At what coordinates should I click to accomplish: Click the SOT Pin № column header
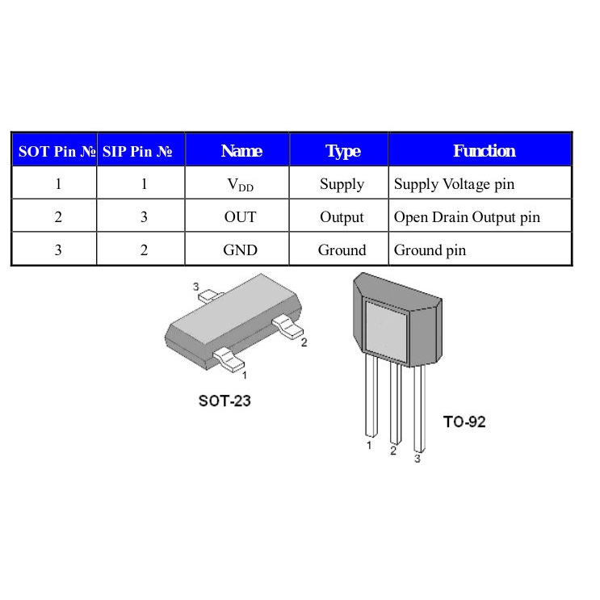[x=54, y=151]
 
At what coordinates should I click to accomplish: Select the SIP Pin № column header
[x=141, y=151]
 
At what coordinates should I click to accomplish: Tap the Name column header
[x=241, y=151]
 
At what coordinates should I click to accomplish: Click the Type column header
[x=342, y=151]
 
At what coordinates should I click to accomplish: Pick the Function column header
[x=484, y=151]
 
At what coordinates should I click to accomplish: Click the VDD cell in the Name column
[x=240, y=185]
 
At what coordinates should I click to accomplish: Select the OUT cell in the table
[x=240, y=217]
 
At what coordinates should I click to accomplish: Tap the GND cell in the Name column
[x=240, y=250]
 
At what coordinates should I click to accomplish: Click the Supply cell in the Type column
[x=342, y=185]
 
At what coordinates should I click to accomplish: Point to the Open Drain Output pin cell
[x=467, y=217]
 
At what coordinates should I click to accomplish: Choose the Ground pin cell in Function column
[x=430, y=250]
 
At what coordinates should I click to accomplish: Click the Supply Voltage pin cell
[x=454, y=185]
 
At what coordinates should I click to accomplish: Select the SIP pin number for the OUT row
[x=144, y=217]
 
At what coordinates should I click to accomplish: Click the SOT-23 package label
[x=224, y=401]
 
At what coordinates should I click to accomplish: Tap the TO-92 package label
[x=464, y=422]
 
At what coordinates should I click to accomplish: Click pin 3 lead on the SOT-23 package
[x=209, y=296]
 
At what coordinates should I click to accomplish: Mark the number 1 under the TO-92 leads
[x=369, y=445]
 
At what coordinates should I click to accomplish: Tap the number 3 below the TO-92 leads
[x=417, y=459]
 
